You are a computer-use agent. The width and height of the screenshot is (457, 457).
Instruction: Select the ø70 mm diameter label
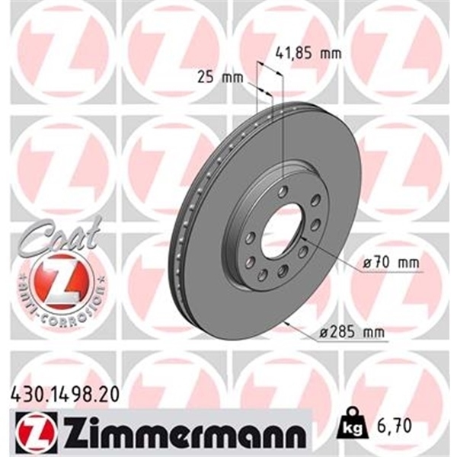[x=391, y=263]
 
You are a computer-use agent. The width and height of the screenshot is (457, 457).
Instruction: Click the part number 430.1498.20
[x=66, y=395]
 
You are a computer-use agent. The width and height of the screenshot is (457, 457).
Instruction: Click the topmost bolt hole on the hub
[x=283, y=191]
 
